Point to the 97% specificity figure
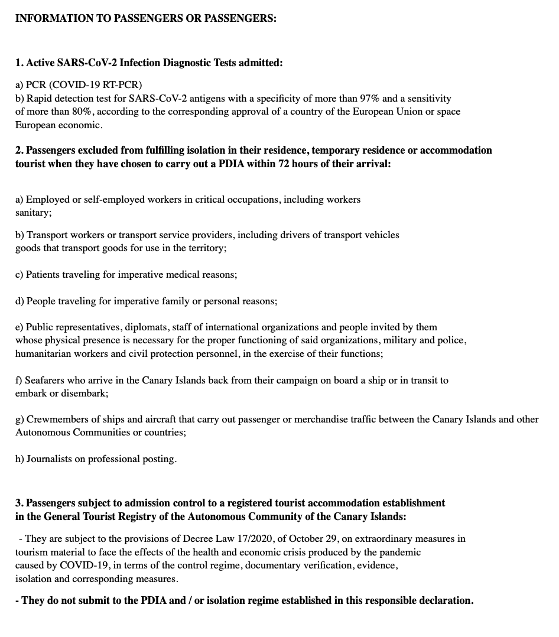tap(370, 98)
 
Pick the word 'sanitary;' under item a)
tap(34, 213)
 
